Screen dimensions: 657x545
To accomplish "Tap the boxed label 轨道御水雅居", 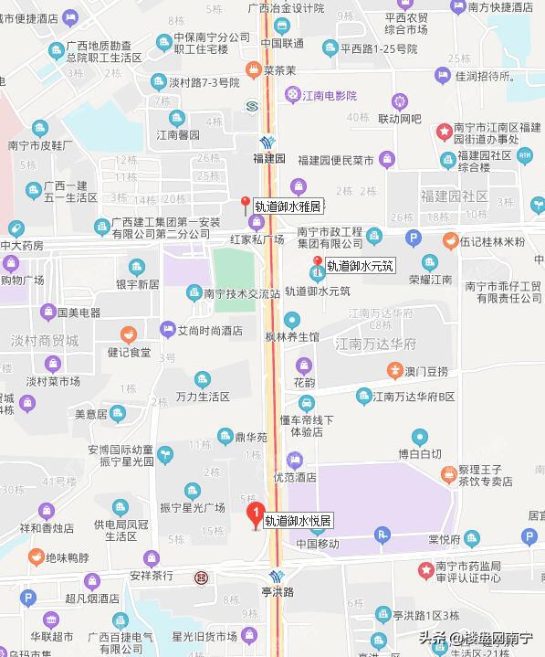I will (288, 206).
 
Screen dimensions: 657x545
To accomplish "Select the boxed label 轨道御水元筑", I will (360, 267).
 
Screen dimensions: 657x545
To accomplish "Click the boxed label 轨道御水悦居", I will (299, 521).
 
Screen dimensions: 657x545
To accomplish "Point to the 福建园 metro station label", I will (269, 158).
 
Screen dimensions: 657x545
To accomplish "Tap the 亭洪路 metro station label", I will (277, 592).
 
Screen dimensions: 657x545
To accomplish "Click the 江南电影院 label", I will (331, 95).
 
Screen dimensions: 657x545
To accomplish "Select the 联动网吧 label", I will (401, 119).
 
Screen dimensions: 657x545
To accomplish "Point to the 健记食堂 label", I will (129, 351).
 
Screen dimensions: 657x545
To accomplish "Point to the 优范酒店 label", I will (293, 477).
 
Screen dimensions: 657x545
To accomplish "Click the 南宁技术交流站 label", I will (242, 293).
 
